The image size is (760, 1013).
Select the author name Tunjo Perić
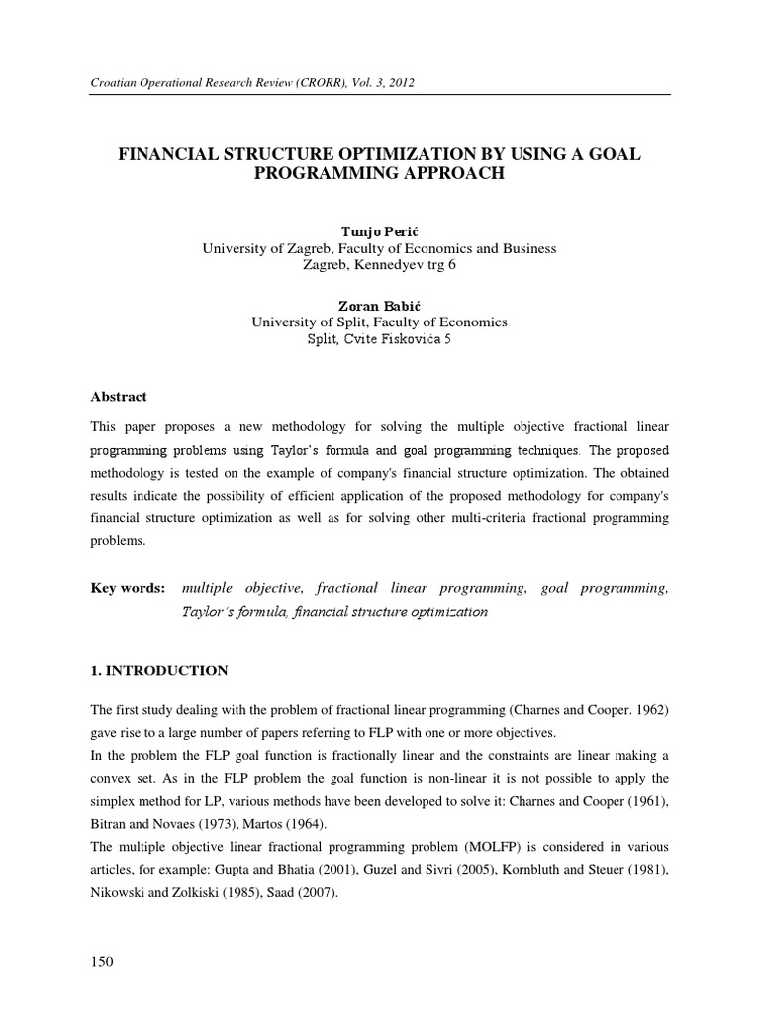click(x=379, y=231)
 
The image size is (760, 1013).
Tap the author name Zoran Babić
click(x=379, y=306)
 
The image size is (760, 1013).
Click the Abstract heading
click(x=119, y=397)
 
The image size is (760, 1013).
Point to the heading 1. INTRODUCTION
click(x=159, y=671)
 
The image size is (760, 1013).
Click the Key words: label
click(x=129, y=588)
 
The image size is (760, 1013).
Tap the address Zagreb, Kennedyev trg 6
click(x=379, y=265)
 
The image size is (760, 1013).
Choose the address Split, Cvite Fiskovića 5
click(x=379, y=339)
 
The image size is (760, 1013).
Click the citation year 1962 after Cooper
click(x=647, y=710)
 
